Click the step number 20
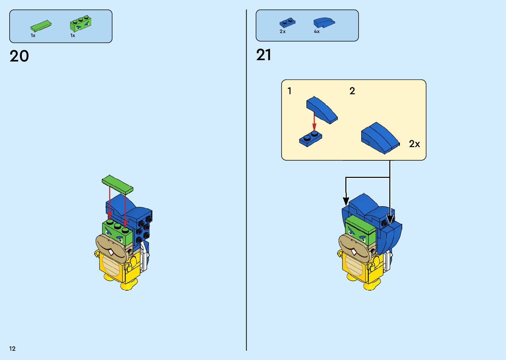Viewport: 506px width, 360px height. (x=19, y=56)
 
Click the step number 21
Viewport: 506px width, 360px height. (x=263, y=55)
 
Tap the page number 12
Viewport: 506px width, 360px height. (x=12, y=348)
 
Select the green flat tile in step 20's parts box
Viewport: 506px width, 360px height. (x=41, y=26)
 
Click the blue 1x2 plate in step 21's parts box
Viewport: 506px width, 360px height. (x=287, y=23)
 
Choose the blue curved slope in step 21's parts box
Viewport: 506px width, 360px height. (x=324, y=22)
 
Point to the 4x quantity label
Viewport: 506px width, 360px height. (x=317, y=32)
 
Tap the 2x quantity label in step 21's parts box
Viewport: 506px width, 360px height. (x=283, y=32)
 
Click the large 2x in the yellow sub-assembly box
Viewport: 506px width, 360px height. (x=414, y=144)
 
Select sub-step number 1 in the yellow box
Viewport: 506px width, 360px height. (x=290, y=91)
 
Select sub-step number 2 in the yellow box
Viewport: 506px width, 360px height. (x=352, y=91)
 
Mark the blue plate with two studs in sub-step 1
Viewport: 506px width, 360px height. (x=310, y=138)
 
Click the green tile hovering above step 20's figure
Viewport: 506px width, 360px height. (x=117, y=184)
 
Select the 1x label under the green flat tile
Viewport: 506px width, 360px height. (x=33, y=35)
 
